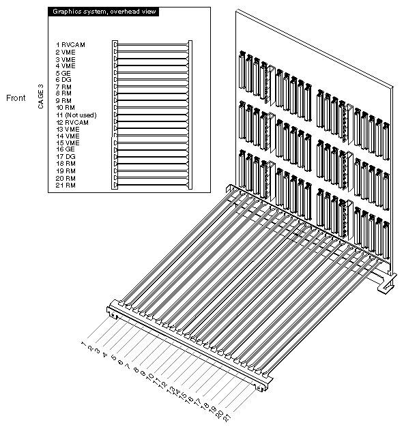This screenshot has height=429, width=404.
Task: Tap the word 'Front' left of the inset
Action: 16,98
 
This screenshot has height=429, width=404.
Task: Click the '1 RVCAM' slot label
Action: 70,44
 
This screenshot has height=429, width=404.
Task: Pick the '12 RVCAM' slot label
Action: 72,122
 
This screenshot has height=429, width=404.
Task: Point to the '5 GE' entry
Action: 63,72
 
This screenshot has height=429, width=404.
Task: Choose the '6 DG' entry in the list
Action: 64,80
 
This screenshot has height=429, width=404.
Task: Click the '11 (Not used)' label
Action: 76,115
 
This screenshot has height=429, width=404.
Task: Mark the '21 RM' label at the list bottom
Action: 66,186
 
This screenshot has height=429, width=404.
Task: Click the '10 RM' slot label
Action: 66,108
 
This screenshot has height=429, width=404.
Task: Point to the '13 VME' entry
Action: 68,129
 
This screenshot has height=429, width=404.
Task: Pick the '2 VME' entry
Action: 66,51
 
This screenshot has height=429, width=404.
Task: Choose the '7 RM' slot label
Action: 64,87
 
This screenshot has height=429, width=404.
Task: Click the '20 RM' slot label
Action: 66,178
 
